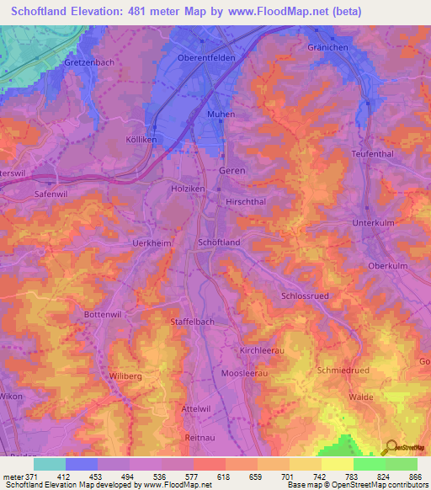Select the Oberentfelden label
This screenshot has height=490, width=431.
(206, 57)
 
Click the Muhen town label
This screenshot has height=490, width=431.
(221, 114)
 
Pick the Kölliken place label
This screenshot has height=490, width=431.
(118, 140)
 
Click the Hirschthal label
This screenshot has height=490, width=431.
(247, 203)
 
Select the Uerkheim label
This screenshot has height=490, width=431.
(130, 242)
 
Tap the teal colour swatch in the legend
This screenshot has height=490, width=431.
(50, 464)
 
